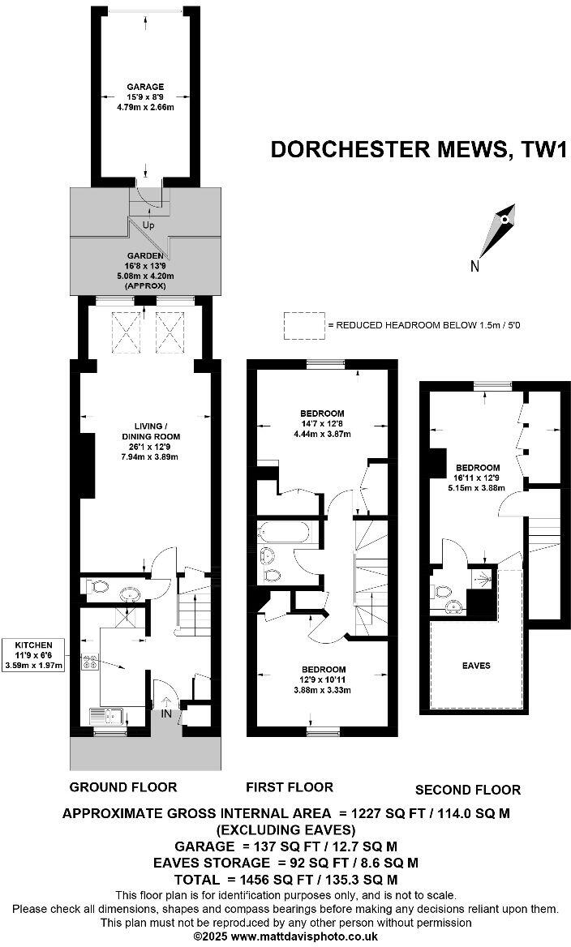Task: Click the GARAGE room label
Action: (x=145, y=87)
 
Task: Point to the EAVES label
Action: (x=477, y=666)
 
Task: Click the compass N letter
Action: (x=475, y=266)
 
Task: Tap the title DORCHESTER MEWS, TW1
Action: (x=418, y=151)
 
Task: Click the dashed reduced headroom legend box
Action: (x=303, y=325)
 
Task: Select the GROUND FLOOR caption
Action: (x=123, y=786)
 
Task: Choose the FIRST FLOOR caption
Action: (x=290, y=786)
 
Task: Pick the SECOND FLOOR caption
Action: (x=468, y=789)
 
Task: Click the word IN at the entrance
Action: (x=167, y=713)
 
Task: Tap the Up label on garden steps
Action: (x=148, y=225)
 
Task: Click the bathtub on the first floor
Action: (x=282, y=533)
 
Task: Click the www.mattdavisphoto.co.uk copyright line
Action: (x=285, y=935)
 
